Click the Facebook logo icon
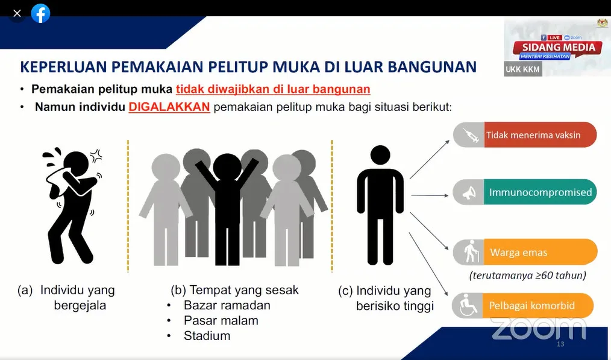click(40, 14)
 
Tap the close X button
click(17, 14)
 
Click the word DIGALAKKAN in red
click(169, 107)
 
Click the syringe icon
click(471, 135)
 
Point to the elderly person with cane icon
click(471, 251)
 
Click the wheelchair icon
click(468, 305)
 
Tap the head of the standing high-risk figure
click(380, 155)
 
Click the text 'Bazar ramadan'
click(227, 305)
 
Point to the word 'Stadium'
click(207, 336)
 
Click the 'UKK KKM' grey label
click(522, 69)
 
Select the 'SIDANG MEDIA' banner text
click(559, 47)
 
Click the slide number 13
click(560, 344)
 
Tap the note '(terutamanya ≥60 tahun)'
click(528, 276)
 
